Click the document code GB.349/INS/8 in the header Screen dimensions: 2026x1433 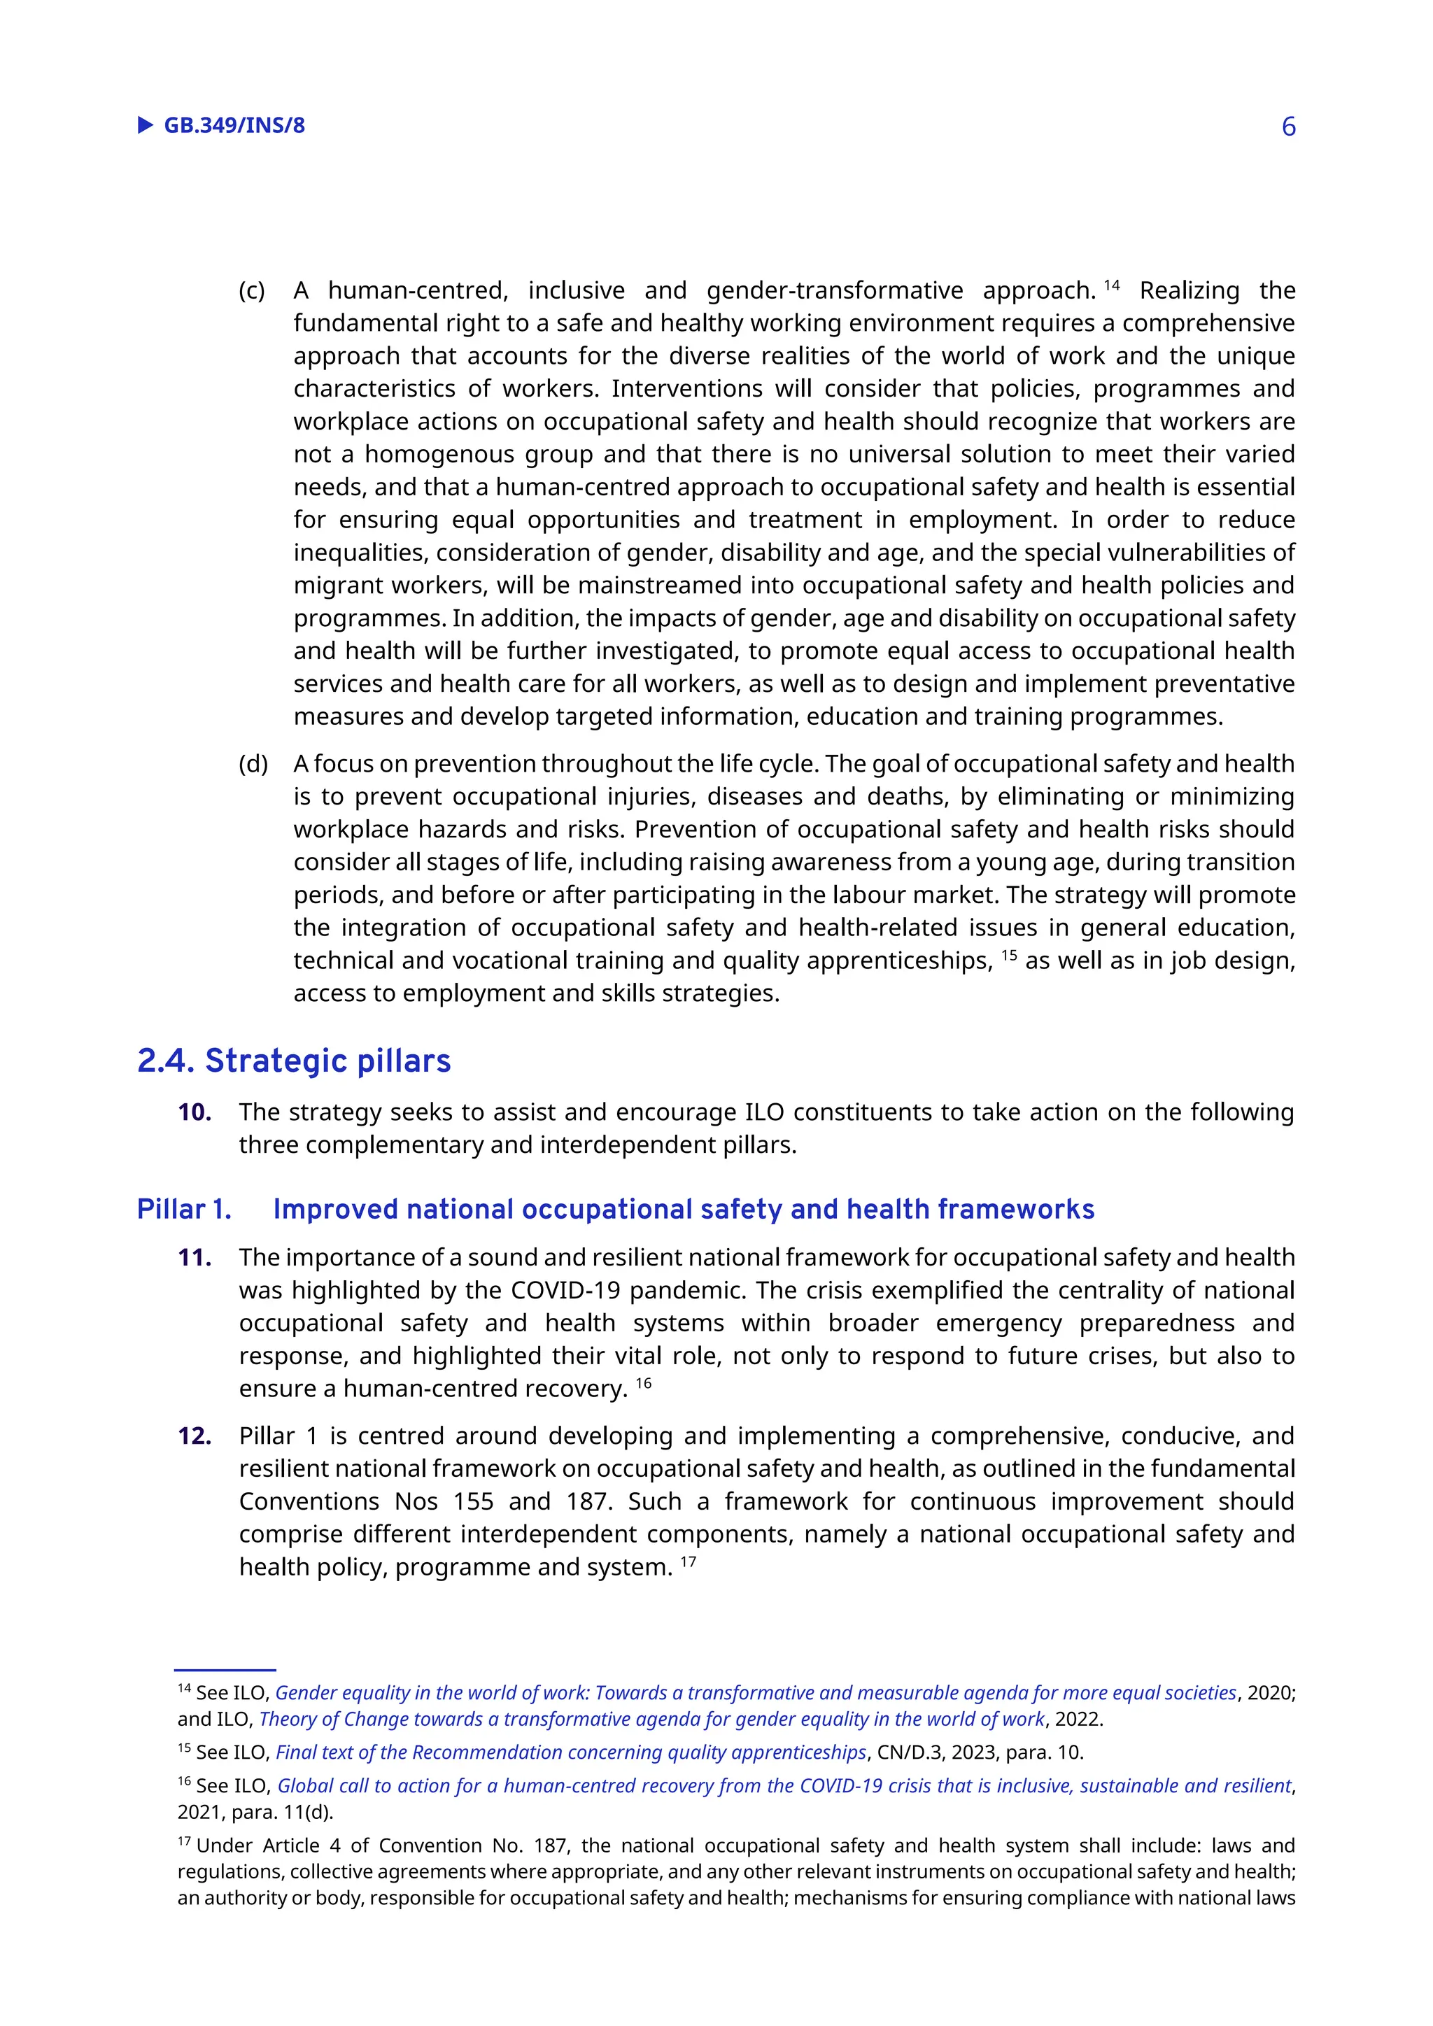point(234,125)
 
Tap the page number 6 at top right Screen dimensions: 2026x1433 point(1288,127)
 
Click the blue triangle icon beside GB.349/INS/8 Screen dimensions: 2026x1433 point(146,125)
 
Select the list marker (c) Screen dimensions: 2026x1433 point(251,290)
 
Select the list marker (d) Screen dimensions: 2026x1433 point(253,763)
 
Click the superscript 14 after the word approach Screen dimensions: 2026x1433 point(1111,285)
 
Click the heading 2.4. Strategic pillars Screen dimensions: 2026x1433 point(294,1061)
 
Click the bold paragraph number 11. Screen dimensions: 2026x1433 point(194,1257)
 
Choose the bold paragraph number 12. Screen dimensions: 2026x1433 point(194,1436)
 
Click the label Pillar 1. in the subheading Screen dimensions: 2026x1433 point(183,1209)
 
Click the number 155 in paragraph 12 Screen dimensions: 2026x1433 point(473,1501)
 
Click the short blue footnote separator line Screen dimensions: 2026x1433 point(225,1669)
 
